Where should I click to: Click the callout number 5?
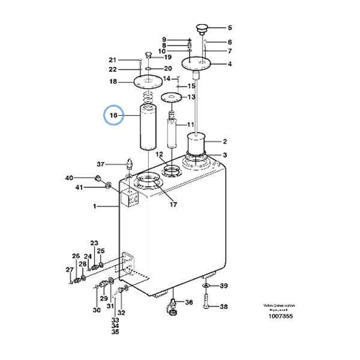click(229, 28)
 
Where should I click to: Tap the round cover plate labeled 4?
click(197, 64)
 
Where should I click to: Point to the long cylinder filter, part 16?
click(148, 128)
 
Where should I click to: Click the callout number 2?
click(225, 142)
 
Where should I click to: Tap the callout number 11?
click(191, 125)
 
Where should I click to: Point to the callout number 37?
click(101, 164)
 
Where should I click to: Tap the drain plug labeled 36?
click(173, 307)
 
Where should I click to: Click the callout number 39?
click(223, 287)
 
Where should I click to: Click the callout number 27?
click(70, 269)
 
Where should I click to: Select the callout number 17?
click(173, 205)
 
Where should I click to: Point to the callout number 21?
click(112, 59)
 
